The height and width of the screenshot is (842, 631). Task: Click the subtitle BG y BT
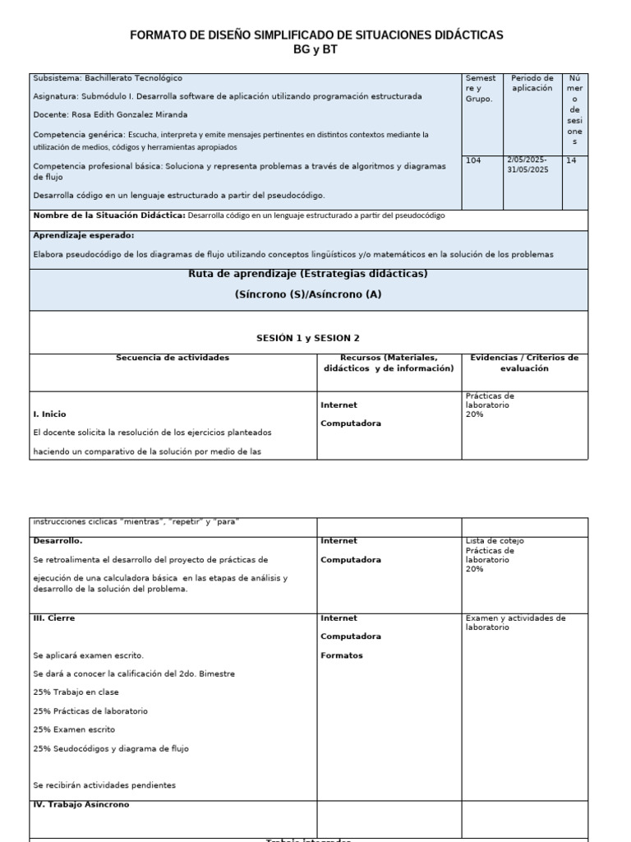[316, 49]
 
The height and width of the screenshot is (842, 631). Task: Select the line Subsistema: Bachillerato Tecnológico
[108, 78]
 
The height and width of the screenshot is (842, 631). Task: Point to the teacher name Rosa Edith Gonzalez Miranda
[110, 114]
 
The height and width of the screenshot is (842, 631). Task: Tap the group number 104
[473, 161]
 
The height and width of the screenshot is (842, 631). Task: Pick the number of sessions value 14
[571, 161]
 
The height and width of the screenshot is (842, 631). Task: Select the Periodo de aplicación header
[532, 83]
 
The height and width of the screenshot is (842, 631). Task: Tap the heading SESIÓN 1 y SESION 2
[308, 338]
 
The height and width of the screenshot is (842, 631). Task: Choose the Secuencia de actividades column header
[173, 358]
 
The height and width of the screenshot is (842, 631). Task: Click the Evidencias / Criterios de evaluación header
[524, 363]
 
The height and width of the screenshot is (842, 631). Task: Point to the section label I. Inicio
[50, 414]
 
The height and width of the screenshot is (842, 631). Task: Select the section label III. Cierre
[56, 618]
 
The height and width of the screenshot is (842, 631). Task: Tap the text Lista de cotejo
[495, 541]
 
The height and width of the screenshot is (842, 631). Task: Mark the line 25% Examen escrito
[74, 729]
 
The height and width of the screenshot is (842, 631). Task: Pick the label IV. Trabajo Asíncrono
[81, 804]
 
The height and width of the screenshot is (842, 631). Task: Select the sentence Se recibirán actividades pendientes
[104, 785]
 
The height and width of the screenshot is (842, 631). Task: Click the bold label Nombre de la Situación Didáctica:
[109, 215]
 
